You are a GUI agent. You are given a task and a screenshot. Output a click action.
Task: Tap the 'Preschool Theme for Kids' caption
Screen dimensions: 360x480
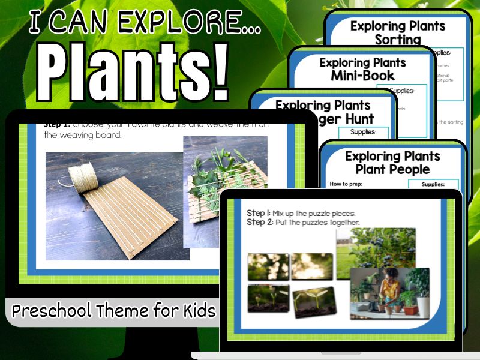(113, 311)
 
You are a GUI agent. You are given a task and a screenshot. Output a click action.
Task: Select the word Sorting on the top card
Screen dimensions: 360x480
(398, 40)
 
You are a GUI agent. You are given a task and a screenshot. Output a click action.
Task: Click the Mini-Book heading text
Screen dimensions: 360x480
(362, 76)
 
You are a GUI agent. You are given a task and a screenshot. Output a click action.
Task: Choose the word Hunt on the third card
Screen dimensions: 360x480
(357, 118)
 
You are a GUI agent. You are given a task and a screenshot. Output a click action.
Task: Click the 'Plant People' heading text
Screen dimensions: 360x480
(392, 169)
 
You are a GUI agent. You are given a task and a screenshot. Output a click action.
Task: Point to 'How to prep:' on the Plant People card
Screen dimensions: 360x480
(348, 184)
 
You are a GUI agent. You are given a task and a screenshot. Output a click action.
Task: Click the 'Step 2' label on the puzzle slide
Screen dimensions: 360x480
(261, 223)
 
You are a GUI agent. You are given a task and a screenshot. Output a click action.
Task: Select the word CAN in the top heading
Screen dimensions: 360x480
(87, 23)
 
